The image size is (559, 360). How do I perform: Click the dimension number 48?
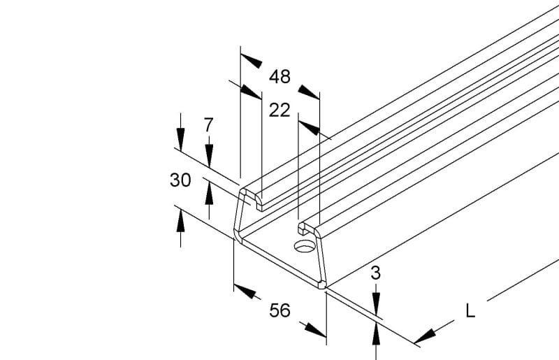pyautogui.click(x=280, y=77)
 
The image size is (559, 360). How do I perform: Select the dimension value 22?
pyautogui.click(x=279, y=110)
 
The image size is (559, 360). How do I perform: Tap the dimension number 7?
pyautogui.click(x=208, y=125)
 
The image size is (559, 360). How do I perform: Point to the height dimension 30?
pyautogui.click(x=180, y=180)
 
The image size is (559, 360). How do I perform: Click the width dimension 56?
pyautogui.click(x=280, y=310)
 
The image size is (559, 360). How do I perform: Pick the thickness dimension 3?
pyautogui.click(x=376, y=273)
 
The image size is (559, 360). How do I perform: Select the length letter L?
pyautogui.click(x=470, y=311)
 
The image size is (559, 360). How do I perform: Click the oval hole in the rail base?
pyautogui.click(x=305, y=246)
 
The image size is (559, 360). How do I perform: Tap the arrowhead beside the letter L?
pyautogui.click(x=425, y=336)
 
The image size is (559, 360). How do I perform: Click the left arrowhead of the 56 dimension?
pyautogui.click(x=245, y=291)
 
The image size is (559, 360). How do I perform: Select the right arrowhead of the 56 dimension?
pyautogui.click(x=316, y=330)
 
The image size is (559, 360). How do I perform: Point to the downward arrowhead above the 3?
pyautogui.click(x=376, y=304)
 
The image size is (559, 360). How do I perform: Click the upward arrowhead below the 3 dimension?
pyautogui.click(x=376, y=333)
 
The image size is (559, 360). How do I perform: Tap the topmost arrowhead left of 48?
pyautogui.click(x=252, y=61)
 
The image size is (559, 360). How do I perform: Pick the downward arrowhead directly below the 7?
pyautogui.click(x=209, y=156)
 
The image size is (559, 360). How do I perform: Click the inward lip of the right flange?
pyautogui.click(x=303, y=229)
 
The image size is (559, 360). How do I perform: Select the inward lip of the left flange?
pyautogui.click(x=259, y=203)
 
